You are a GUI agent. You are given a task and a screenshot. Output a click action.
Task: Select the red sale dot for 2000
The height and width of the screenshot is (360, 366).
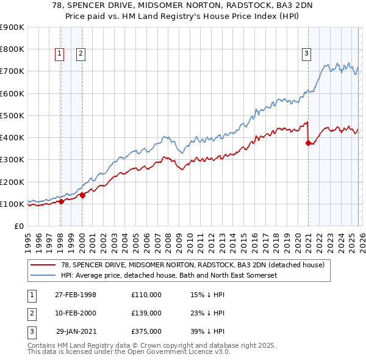click(x=82, y=195)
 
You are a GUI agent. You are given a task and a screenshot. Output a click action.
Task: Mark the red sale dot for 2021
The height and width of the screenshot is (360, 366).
click(x=308, y=143)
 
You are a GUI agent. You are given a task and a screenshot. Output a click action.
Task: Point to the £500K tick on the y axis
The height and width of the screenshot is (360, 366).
click(x=12, y=115)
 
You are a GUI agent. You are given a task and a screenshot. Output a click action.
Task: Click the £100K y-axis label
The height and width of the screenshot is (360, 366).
click(x=12, y=204)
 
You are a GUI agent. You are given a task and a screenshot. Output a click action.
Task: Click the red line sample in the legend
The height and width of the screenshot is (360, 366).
click(x=43, y=265)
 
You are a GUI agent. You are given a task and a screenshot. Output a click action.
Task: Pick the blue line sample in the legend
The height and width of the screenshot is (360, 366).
click(x=43, y=275)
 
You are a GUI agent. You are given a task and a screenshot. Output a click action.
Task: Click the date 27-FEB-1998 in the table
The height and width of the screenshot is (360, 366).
click(x=76, y=295)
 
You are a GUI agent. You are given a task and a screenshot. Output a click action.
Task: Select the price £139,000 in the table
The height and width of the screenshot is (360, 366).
click(x=146, y=313)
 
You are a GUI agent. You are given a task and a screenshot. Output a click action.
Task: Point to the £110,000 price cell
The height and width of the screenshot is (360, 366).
click(x=146, y=295)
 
